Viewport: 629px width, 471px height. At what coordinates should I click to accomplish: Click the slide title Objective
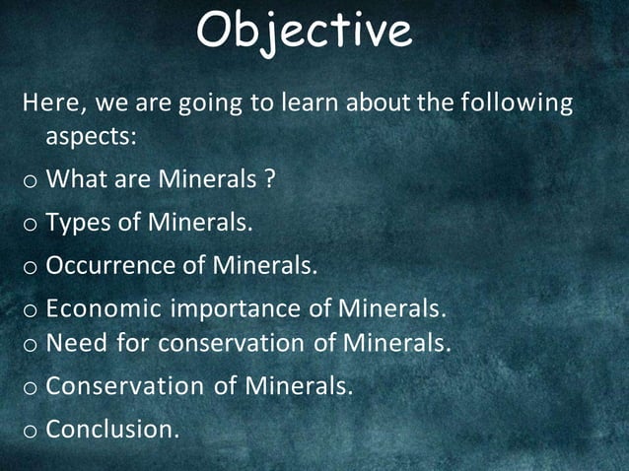pyautogui.click(x=303, y=32)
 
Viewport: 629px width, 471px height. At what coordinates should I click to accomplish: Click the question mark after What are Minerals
pyautogui.click(x=267, y=179)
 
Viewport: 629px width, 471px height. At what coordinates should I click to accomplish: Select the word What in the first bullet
pyautogui.click(x=78, y=179)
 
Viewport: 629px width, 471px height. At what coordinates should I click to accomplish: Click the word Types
pyautogui.click(x=79, y=224)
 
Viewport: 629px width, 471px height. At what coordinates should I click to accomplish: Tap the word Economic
pyautogui.click(x=105, y=309)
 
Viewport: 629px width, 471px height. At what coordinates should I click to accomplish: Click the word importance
pyautogui.click(x=236, y=309)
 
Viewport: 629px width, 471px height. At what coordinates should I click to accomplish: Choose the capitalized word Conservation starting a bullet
pyautogui.click(x=125, y=386)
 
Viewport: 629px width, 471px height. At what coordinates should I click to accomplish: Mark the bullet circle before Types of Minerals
pyautogui.click(x=30, y=226)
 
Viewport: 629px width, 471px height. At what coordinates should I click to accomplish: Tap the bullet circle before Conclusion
pyautogui.click(x=30, y=431)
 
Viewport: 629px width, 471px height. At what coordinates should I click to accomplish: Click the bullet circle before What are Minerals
pyautogui.click(x=30, y=181)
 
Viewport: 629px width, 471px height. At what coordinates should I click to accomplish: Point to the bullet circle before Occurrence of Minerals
pyautogui.click(x=30, y=268)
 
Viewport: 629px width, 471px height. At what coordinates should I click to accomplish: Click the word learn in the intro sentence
pyautogui.click(x=354, y=102)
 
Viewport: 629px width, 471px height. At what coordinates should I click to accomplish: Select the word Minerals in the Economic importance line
pyautogui.click(x=391, y=309)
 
